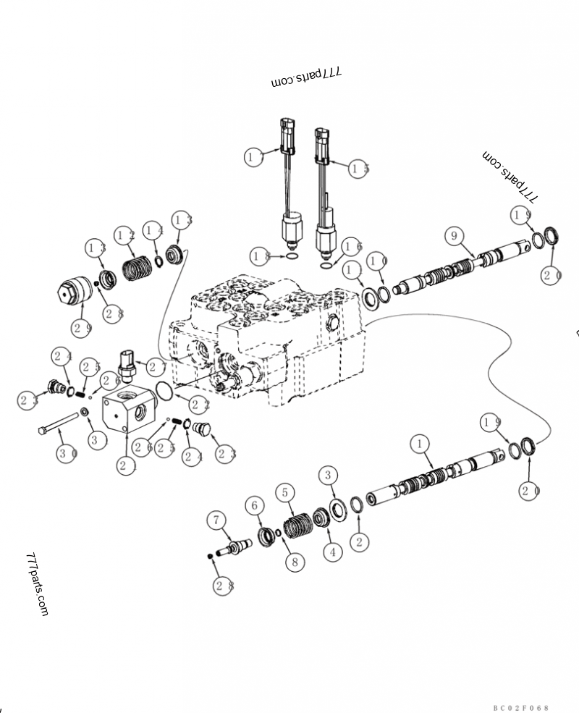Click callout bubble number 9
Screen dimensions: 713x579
(454, 236)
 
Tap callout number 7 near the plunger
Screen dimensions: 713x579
(216, 520)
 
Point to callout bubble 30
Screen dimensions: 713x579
(67, 454)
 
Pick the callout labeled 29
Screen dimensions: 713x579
(81, 328)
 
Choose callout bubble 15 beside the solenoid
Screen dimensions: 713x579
(358, 169)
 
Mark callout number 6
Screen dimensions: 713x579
(254, 505)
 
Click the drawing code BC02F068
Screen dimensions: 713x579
(521, 707)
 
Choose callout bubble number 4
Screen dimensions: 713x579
(332, 552)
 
